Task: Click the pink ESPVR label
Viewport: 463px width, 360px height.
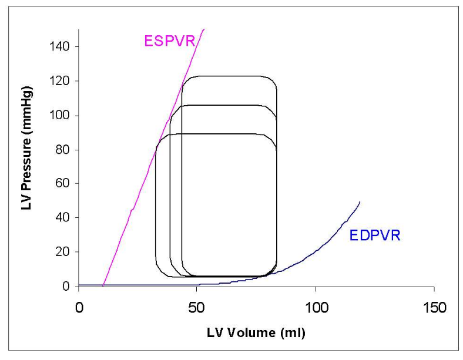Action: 169,41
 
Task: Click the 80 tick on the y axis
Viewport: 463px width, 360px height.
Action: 65,149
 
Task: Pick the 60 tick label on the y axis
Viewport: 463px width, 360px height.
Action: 65,183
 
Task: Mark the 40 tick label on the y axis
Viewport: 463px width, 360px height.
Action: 65,217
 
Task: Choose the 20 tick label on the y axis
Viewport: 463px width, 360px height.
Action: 65,252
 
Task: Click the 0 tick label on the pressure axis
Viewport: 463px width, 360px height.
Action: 68,286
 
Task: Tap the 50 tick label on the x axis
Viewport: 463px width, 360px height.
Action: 197,307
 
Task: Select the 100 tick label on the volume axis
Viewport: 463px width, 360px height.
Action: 316,307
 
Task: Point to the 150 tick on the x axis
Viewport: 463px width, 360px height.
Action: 434,307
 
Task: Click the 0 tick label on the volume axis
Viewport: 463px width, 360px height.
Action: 79,307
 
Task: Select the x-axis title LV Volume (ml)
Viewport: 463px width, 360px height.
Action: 256,333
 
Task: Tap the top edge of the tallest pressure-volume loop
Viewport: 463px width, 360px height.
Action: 229,76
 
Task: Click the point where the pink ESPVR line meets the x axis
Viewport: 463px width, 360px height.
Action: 103,286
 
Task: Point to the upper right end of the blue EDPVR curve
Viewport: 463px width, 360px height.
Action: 360,202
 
